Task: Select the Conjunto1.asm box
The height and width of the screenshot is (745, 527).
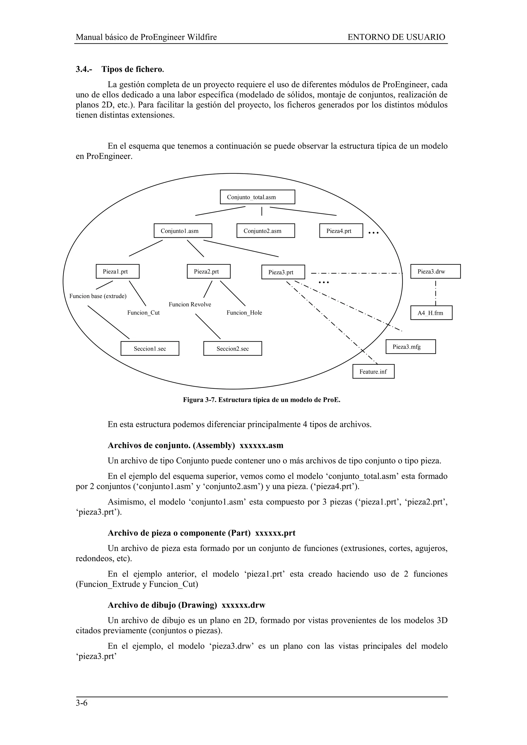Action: [x=183, y=231]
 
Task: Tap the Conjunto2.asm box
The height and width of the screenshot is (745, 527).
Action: [x=266, y=231]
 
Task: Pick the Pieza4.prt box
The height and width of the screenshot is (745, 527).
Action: [x=341, y=231]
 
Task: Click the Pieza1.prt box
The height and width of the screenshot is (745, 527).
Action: [x=118, y=271]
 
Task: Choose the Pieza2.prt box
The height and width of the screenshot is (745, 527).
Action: [x=208, y=271]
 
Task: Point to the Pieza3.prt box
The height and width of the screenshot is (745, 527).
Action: [x=283, y=272]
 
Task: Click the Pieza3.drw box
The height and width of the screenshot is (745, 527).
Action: [x=435, y=271]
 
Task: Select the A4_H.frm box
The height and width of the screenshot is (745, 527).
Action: [x=431, y=313]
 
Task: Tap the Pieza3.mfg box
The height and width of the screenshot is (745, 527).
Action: [x=410, y=347]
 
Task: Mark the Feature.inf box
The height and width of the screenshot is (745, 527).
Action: [x=373, y=371]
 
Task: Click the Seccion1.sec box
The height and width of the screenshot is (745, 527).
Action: [x=150, y=349]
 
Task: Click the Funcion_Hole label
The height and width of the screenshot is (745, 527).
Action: [x=244, y=313]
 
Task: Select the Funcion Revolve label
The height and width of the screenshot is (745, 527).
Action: [x=190, y=304]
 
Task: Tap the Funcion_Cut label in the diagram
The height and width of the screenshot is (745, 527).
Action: [x=144, y=313]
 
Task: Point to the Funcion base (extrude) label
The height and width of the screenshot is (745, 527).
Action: [x=98, y=296]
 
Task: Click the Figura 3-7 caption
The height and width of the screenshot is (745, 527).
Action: [x=262, y=400]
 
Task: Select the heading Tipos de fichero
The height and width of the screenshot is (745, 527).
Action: [x=133, y=69]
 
